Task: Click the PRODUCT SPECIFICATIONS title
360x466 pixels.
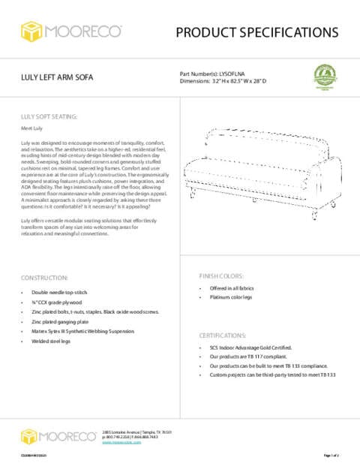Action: pyautogui.click(x=256, y=32)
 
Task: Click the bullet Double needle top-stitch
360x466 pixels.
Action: pyautogui.click(x=59, y=293)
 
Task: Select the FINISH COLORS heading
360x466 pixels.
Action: pyautogui.click(x=221, y=275)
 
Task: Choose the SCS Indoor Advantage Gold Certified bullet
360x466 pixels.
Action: pyautogui.click(x=250, y=348)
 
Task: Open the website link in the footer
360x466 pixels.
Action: pyautogui.click(x=121, y=443)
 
